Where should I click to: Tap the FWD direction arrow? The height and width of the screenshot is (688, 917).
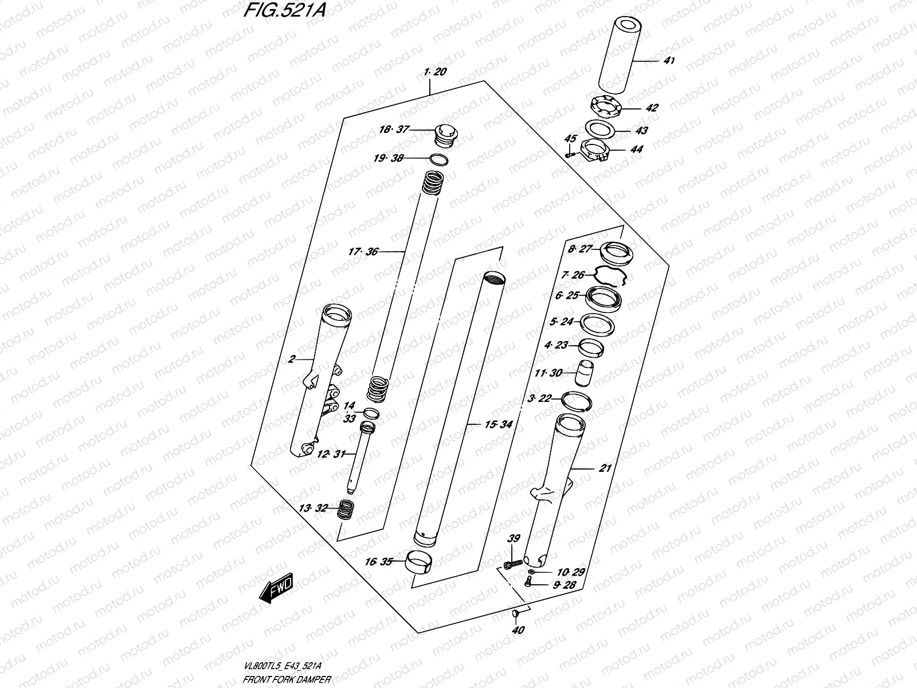276,588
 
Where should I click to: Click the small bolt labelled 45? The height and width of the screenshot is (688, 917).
569,153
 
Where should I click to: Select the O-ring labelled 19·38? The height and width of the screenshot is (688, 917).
438,159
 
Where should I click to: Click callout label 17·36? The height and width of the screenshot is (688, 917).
363,251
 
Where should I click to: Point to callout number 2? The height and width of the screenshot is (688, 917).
292,359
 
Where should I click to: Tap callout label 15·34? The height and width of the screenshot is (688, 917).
498,425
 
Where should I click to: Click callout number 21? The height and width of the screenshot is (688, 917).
605,468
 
